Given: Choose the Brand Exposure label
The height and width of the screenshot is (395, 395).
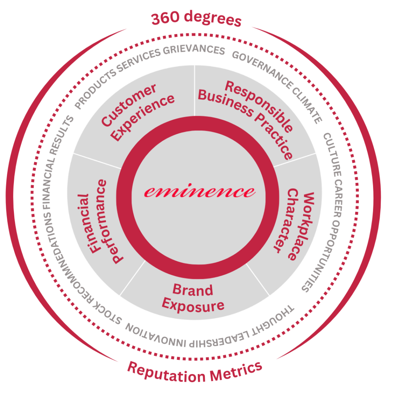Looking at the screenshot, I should (193, 297).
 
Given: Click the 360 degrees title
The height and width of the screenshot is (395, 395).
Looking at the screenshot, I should (196, 19).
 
